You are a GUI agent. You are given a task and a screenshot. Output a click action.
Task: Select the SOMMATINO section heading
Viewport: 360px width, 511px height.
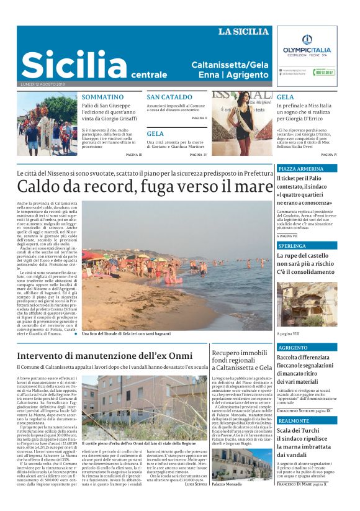(x=102, y=97)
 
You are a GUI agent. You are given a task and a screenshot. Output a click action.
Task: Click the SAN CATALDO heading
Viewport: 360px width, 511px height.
(x=169, y=97)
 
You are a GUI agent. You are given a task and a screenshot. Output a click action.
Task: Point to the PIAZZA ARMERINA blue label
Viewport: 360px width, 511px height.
(x=300, y=168)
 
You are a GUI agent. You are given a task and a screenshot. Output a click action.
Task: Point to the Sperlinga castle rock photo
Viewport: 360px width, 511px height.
(x=307, y=305)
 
